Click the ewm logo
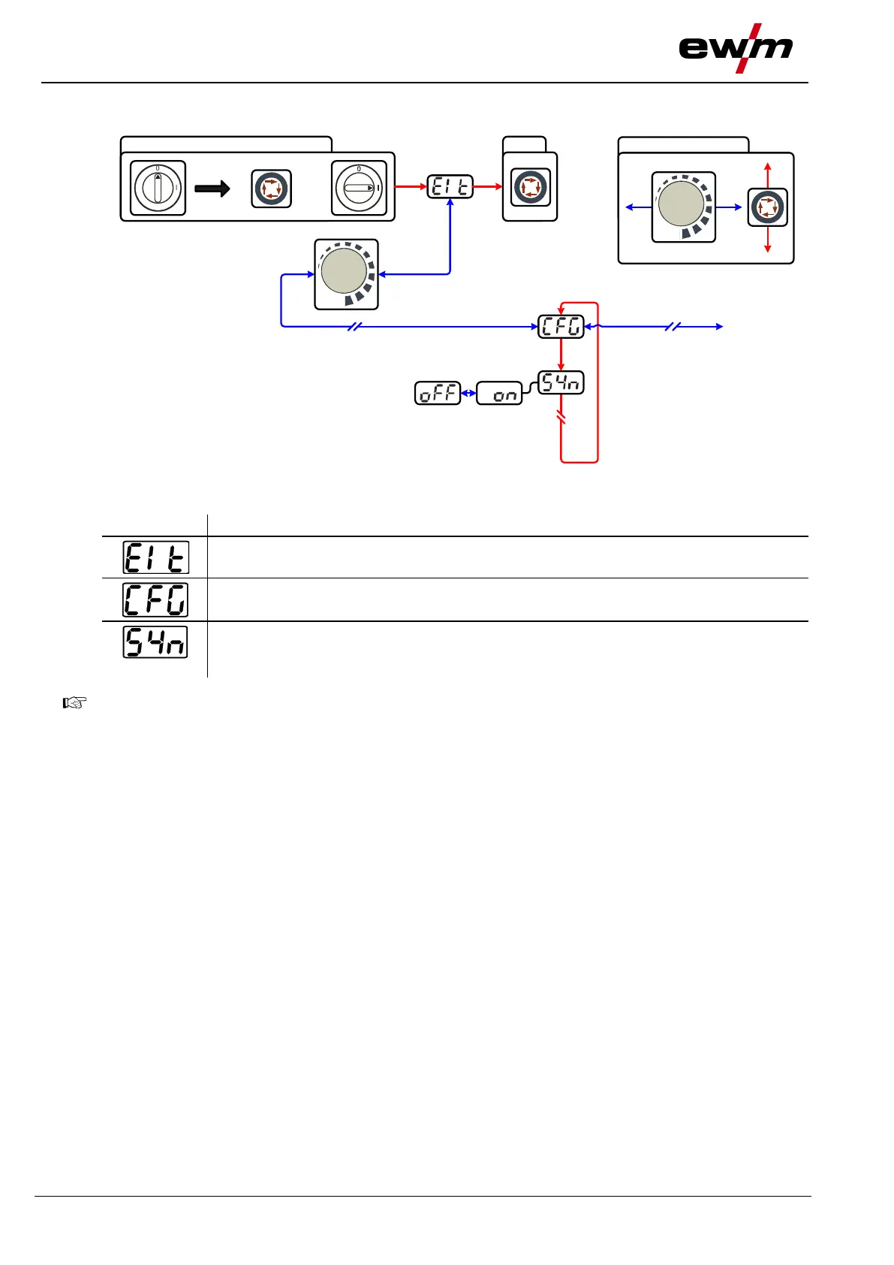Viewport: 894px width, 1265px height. point(736,49)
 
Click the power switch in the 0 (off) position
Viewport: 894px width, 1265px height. point(158,187)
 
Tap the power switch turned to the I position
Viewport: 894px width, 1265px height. point(359,187)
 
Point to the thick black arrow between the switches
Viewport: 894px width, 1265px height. point(212,188)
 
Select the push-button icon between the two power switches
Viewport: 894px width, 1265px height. point(271,188)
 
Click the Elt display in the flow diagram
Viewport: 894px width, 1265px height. point(450,186)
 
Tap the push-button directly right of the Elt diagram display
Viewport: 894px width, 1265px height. point(530,187)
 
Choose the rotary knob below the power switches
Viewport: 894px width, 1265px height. point(345,273)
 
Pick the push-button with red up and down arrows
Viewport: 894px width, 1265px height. point(767,207)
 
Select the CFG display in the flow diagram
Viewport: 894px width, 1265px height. point(561,327)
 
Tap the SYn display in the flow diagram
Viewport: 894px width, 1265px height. point(561,382)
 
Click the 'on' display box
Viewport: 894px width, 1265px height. point(499,393)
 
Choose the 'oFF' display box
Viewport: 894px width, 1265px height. point(438,393)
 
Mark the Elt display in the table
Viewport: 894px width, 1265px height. point(156,557)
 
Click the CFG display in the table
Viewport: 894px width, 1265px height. point(156,599)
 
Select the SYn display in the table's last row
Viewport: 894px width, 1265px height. point(155,643)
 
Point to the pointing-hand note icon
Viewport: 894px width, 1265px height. point(75,703)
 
